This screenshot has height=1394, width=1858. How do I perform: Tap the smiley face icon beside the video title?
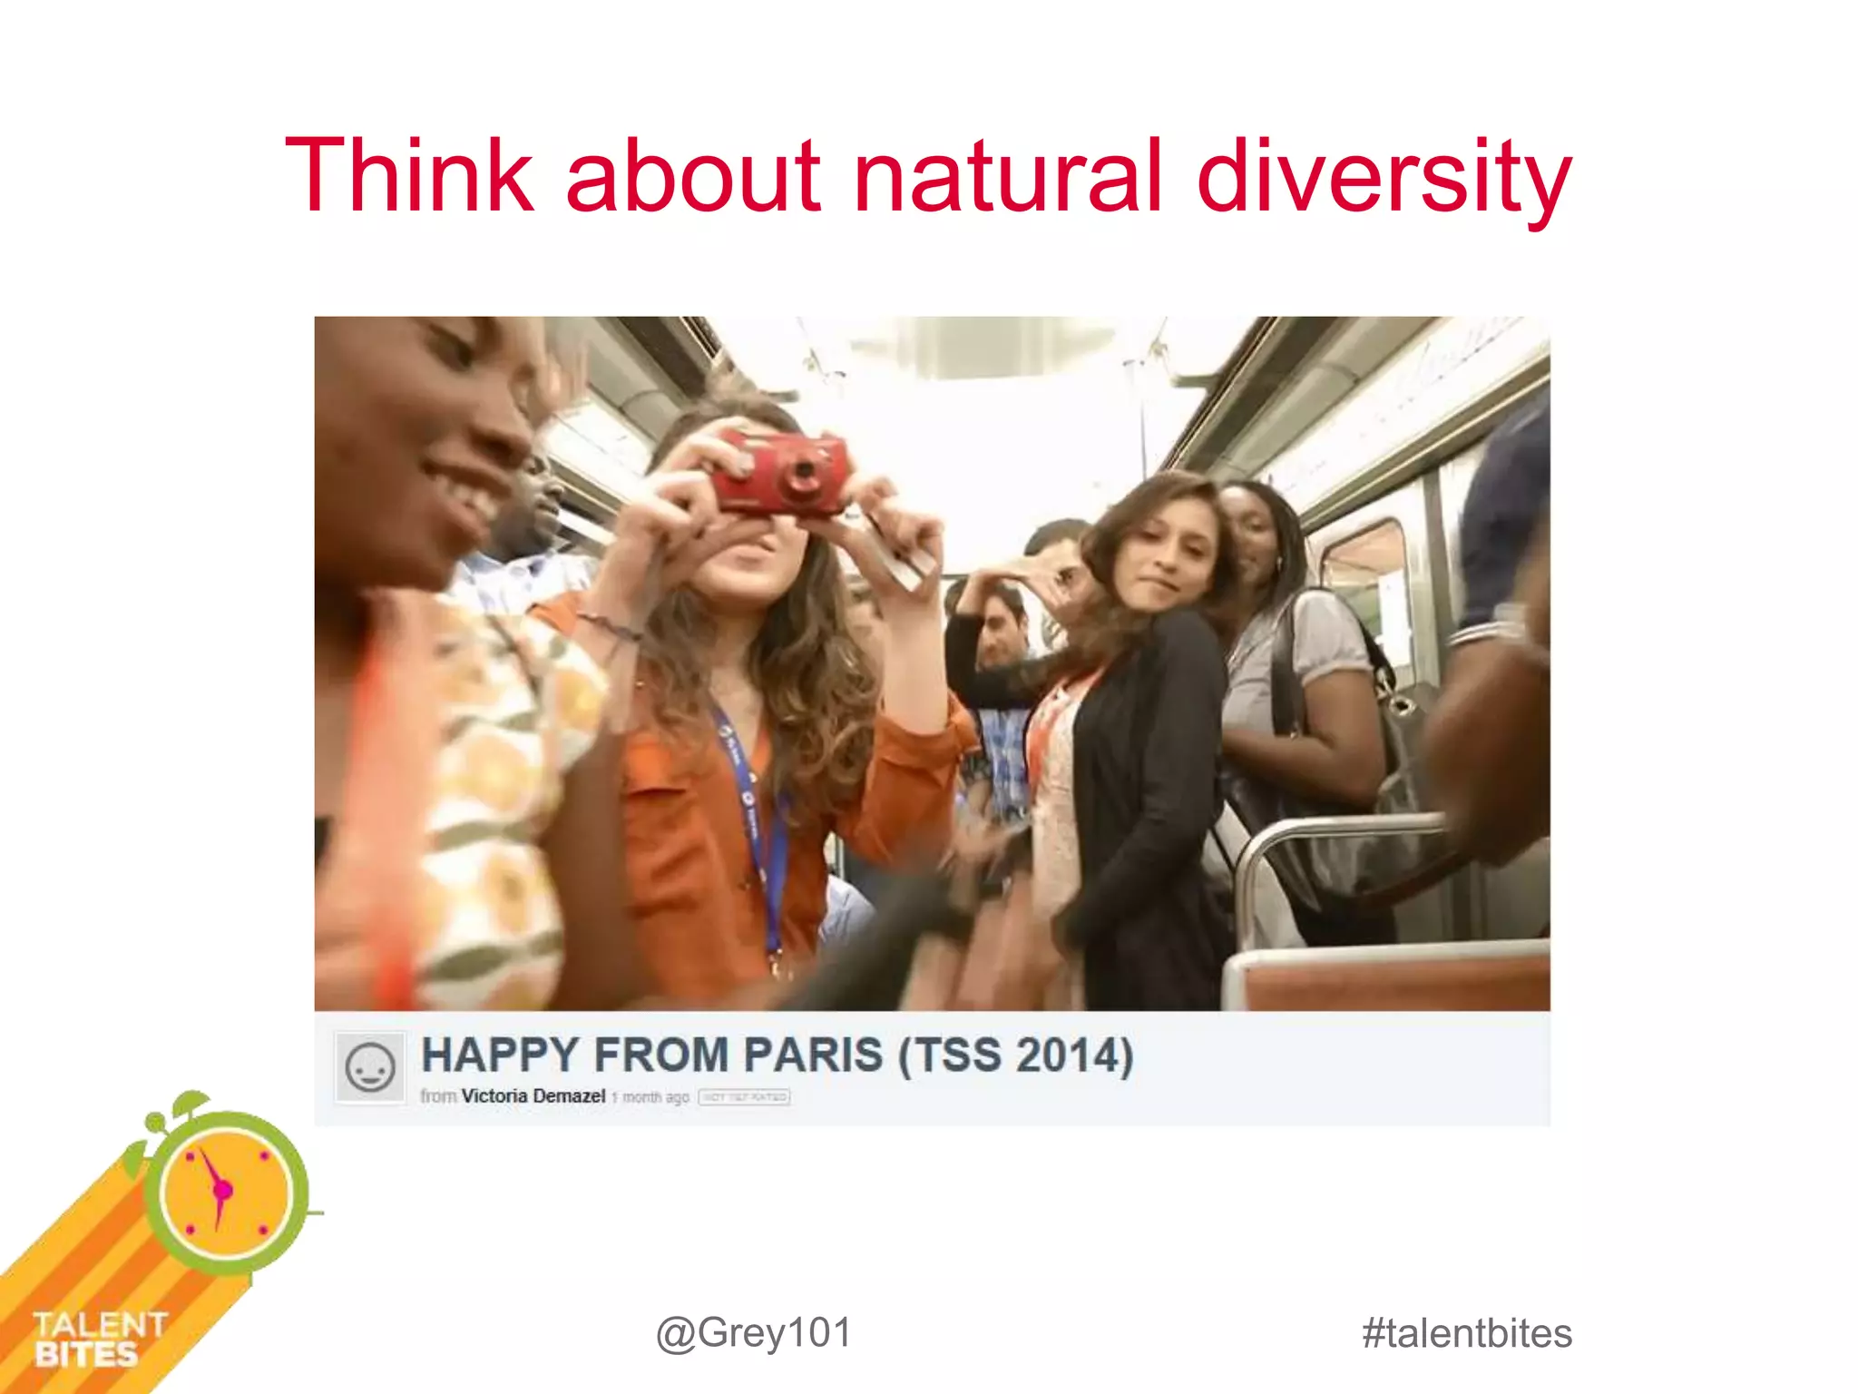(369, 1067)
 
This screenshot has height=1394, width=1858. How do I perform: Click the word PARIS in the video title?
(813, 1055)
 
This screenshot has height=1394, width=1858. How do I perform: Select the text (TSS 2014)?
(1016, 1055)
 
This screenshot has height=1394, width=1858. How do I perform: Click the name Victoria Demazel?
(533, 1096)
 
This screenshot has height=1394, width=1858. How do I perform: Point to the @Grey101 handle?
(754, 1333)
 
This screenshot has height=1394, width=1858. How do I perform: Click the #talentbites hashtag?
(1466, 1333)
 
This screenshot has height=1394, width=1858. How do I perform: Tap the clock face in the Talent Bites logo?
(225, 1190)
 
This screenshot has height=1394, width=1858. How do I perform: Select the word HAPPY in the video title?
(499, 1055)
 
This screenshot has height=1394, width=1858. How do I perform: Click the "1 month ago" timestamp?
(650, 1097)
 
